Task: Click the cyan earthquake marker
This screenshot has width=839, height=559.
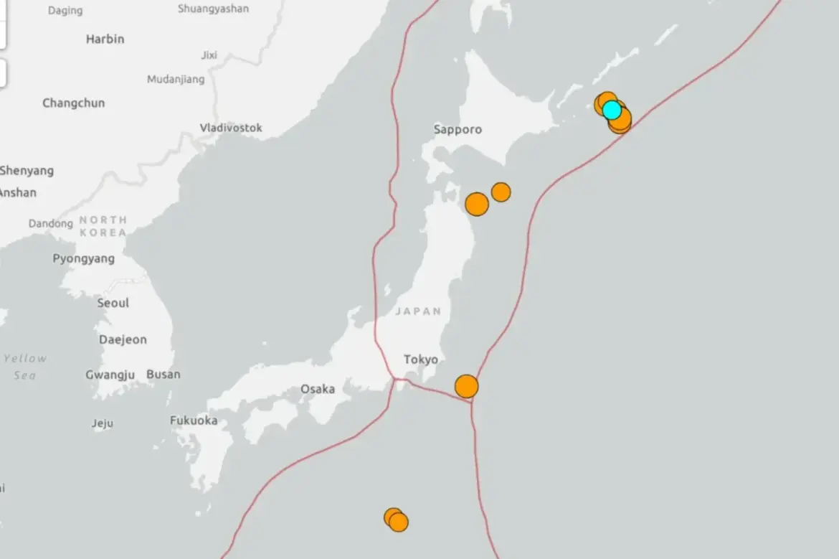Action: point(611,110)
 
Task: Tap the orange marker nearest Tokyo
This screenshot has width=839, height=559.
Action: point(467,386)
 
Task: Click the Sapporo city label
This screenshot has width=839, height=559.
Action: point(458,130)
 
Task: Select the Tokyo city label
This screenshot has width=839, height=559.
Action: point(421,360)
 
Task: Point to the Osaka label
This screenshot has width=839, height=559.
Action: point(318,389)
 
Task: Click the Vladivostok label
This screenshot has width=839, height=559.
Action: point(231,128)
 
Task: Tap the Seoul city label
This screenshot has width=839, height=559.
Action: point(113,303)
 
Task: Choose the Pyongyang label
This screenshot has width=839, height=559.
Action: point(83,258)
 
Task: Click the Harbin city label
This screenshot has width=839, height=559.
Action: point(105,39)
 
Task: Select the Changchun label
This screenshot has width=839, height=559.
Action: point(73,103)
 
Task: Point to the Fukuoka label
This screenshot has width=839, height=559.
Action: point(194,421)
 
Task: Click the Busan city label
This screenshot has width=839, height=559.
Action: point(163,374)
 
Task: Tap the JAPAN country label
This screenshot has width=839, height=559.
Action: point(418,311)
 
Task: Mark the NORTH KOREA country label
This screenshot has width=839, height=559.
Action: point(103,226)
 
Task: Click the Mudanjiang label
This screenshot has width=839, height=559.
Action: point(176,80)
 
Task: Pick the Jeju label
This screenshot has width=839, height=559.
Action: point(103,423)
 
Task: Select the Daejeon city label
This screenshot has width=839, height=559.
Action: point(123,339)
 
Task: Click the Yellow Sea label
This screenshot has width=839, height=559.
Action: point(25,366)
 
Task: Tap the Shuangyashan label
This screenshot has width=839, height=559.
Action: point(213,9)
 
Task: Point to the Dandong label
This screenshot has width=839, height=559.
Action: point(51,224)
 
